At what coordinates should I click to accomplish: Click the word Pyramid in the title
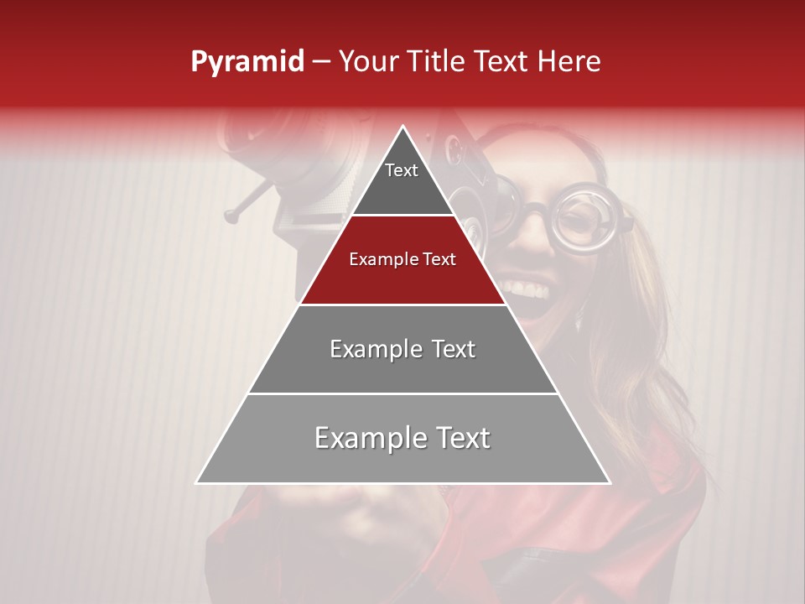pyautogui.click(x=247, y=62)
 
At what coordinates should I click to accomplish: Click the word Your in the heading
pyautogui.click(x=367, y=62)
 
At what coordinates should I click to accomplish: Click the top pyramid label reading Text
pyautogui.click(x=402, y=170)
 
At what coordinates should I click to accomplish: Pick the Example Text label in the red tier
pyautogui.click(x=402, y=259)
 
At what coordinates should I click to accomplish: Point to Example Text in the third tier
pyautogui.click(x=402, y=349)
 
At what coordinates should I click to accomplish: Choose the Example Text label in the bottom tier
pyautogui.click(x=402, y=438)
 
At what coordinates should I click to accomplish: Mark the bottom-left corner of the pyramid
pyautogui.click(x=198, y=482)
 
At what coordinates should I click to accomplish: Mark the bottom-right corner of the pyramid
pyautogui.click(x=609, y=482)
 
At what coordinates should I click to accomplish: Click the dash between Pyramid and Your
pyautogui.click(x=321, y=62)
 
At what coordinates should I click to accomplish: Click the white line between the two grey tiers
pyautogui.click(x=402, y=393)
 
